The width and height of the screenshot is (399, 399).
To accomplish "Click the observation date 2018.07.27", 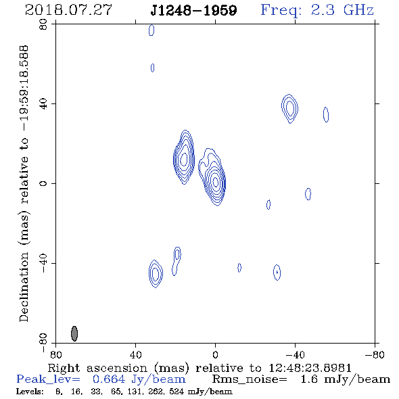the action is [x=68, y=10].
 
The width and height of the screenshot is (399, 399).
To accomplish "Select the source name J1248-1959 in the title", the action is [x=193, y=10].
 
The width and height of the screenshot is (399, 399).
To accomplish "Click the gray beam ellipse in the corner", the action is [x=74, y=333].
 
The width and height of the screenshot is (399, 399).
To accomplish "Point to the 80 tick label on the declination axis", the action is [x=43, y=24].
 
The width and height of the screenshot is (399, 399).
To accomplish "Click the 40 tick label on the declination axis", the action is [x=43, y=104].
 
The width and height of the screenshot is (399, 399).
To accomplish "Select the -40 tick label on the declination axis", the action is [x=43, y=263].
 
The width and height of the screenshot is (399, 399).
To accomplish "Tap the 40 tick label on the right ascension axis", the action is [x=135, y=354].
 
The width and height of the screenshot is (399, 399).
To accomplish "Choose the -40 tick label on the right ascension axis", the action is [x=295, y=354].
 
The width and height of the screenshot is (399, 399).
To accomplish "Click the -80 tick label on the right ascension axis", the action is [x=375, y=354].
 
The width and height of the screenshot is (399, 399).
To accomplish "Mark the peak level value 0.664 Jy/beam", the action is [x=139, y=379].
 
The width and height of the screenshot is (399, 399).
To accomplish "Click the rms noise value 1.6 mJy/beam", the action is [x=346, y=379].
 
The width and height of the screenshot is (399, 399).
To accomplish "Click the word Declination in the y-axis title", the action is [x=24, y=287].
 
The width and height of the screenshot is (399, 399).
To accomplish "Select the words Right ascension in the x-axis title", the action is [x=97, y=368].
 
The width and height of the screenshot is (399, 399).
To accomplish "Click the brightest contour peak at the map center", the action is [x=216, y=182].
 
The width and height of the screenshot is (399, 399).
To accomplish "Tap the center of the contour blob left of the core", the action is [x=184, y=158].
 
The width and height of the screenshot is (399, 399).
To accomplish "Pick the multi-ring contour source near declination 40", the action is [x=290, y=108].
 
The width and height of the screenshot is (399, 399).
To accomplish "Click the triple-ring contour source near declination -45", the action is [x=156, y=274].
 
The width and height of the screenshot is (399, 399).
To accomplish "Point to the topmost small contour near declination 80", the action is [x=151, y=30].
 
